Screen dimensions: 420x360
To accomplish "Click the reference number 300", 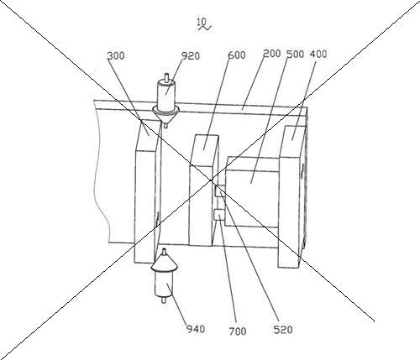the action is pyautogui.click(x=116, y=55).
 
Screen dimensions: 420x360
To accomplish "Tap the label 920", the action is pyautogui.click(x=191, y=56).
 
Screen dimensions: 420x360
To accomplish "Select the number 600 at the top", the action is pyautogui.click(x=237, y=55).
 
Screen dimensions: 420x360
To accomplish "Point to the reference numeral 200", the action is pyautogui.click(x=272, y=54).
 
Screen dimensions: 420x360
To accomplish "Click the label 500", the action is pyautogui.click(x=296, y=54).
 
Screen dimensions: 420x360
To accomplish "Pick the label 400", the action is pyautogui.click(x=318, y=54).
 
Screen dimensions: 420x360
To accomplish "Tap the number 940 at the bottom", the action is pyautogui.click(x=196, y=329).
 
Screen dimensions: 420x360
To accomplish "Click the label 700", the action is pyautogui.click(x=238, y=331).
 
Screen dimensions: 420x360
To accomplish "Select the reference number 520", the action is pyautogui.click(x=283, y=330).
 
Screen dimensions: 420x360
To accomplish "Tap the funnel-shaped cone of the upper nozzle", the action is pyautogui.click(x=166, y=115).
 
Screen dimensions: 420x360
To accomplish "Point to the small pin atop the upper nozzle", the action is pyautogui.click(x=166, y=76).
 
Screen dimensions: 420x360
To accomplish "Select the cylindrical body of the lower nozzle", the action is pyautogui.click(x=164, y=283).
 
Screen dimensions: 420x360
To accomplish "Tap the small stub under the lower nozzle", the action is pyautogui.click(x=163, y=300).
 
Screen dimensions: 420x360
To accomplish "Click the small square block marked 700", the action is pyautogui.click(x=219, y=215).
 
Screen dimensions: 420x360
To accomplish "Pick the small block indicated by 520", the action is pyautogui.click(x=220, y=191).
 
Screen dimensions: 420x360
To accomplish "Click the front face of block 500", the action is pyautogui.click(x=252, y=198).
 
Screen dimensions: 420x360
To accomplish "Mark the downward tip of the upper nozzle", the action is pyautogui.click(x=165, y=128).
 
